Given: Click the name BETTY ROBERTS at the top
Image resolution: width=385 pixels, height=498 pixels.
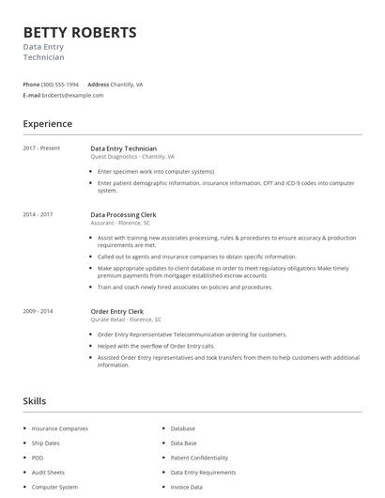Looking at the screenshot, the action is click(x=80, y=33).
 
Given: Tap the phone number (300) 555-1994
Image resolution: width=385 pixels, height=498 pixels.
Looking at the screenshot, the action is click(x=60, y=85).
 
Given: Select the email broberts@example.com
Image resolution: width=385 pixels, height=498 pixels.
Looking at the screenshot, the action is click(x=72, y=95).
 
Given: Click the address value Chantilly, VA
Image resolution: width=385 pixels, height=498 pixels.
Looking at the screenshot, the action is click(x=128, y=85).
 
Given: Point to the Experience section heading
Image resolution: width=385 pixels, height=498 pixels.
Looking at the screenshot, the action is click(x=47, y=124).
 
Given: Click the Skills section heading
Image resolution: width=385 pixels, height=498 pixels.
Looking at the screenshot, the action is click(x=34, y=401).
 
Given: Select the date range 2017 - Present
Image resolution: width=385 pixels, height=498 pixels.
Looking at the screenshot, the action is click(x=41, y=148).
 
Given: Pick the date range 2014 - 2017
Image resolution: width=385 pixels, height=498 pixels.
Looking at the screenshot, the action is click(x=38, y=214).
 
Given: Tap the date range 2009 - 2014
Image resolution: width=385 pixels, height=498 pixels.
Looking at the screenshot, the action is click(x=38, y=310).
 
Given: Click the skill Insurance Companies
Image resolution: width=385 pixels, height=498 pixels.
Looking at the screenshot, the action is click(x=59, y=428).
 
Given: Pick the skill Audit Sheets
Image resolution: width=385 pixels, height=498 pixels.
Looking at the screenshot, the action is click(x=48, y=473).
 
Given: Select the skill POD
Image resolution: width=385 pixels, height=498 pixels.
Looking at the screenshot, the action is click(x=38, y=458).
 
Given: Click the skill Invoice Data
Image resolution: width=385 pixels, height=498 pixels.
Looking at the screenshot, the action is click(x=186, y=487).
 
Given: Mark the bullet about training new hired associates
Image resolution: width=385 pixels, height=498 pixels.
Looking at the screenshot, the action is click(x=184, y=288).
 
